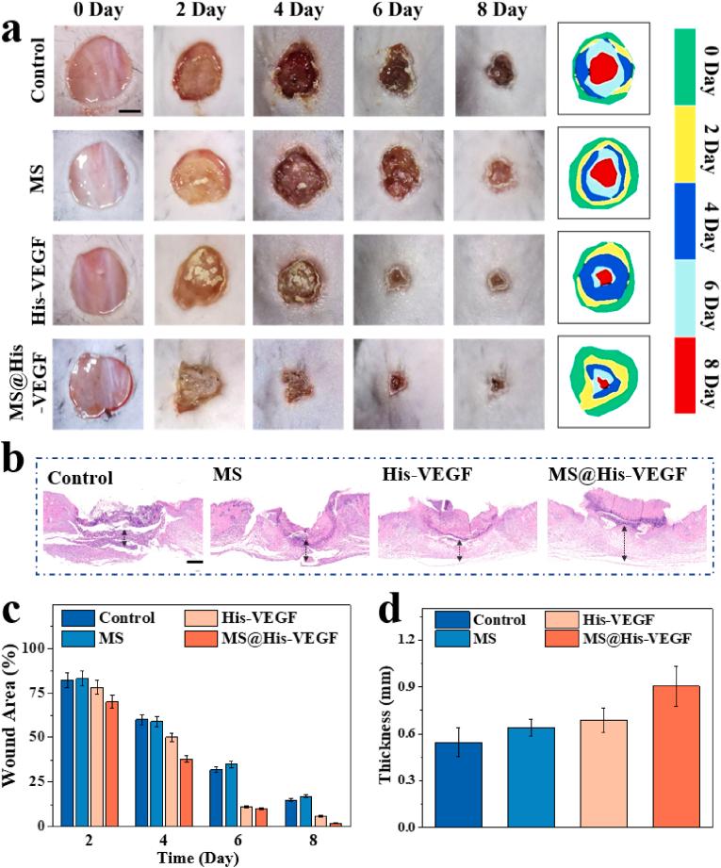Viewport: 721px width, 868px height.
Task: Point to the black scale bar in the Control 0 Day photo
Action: pos(130,111)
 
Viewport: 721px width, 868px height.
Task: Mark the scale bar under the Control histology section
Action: pos(196,563)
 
